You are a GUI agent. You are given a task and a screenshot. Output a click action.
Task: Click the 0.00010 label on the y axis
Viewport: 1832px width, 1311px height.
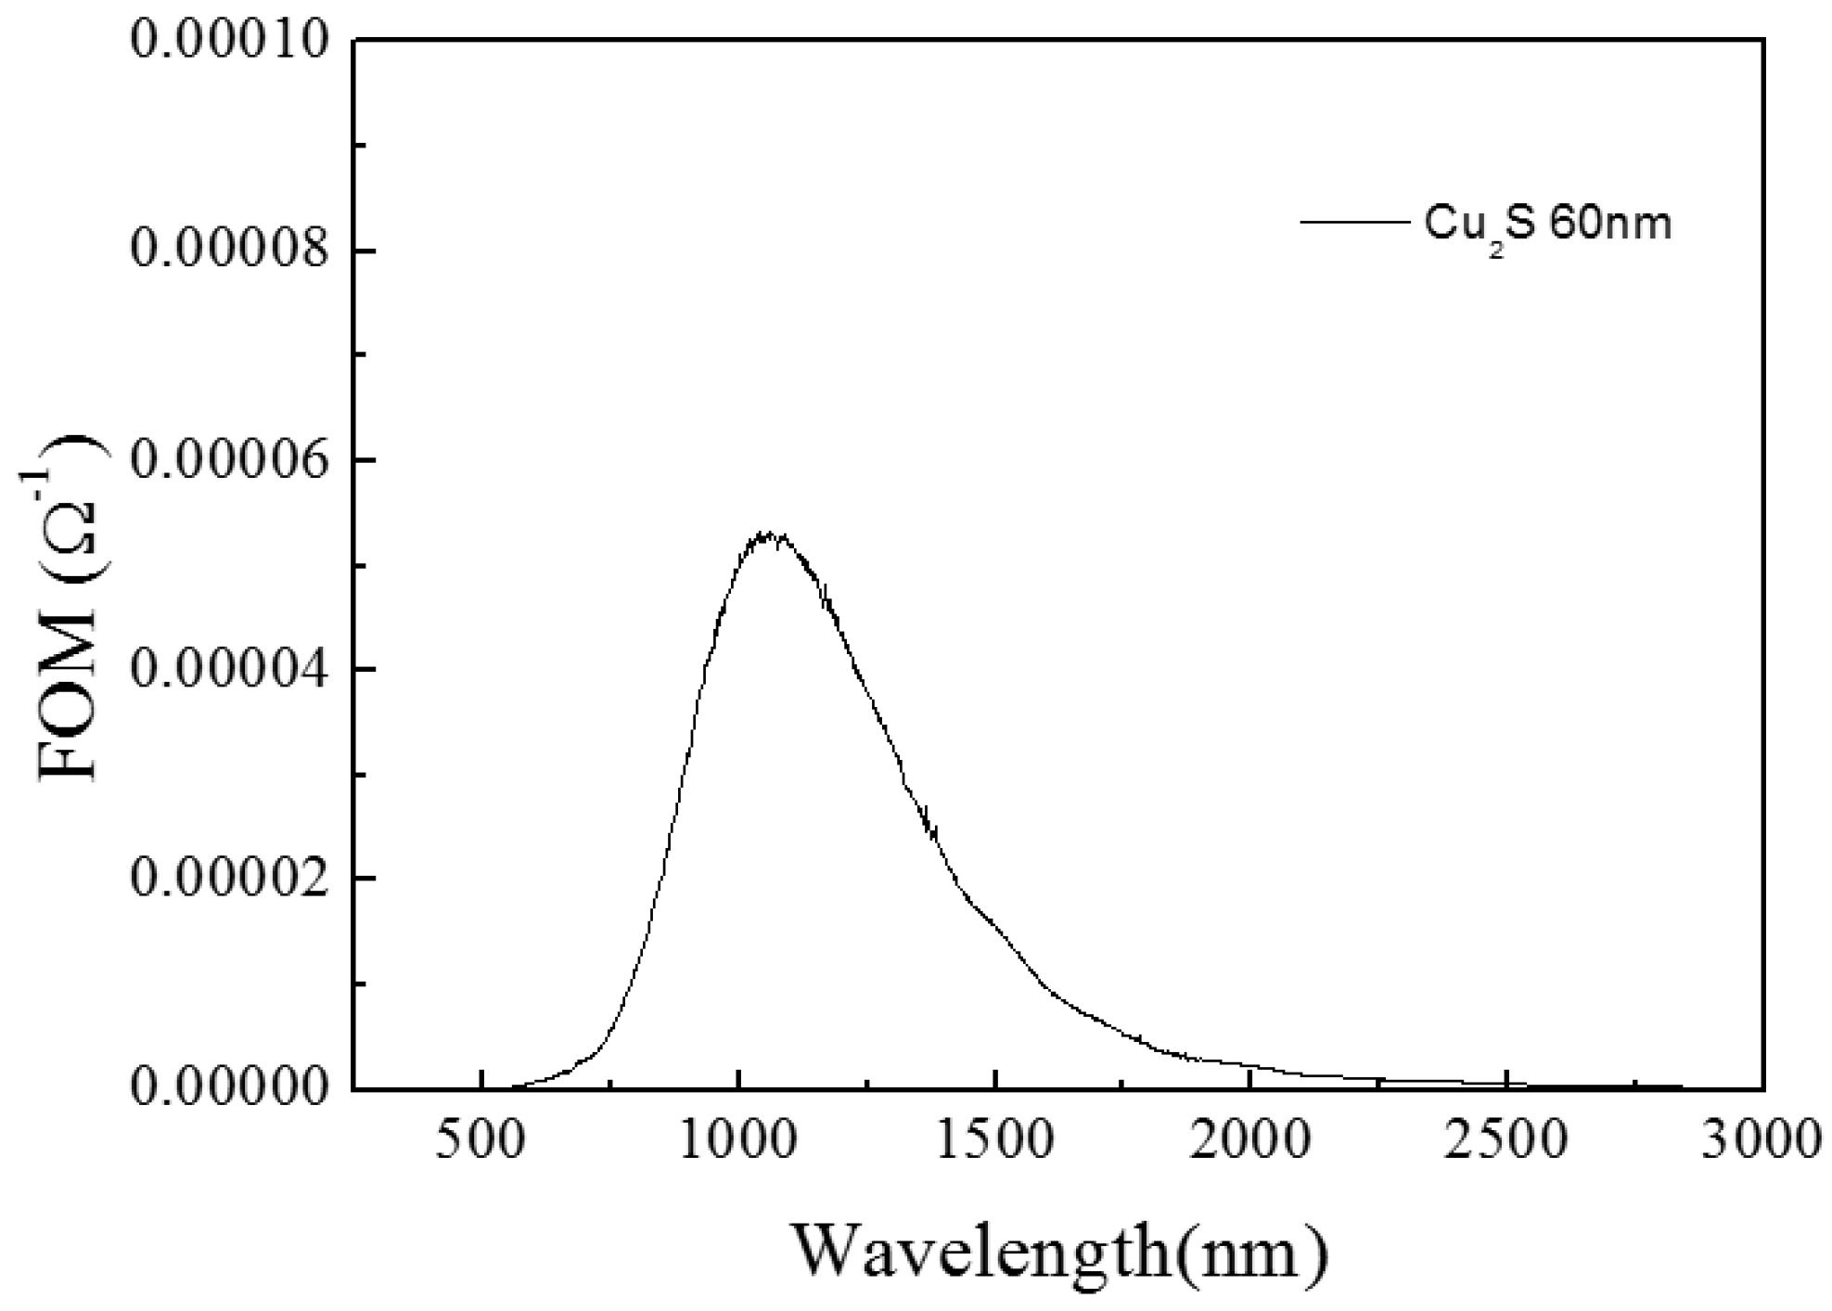[x=230, y=41]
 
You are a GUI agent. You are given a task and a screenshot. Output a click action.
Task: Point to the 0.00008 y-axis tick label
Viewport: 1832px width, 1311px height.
[x=230, y=251]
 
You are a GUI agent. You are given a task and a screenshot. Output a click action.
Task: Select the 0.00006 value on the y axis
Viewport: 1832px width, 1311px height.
[x=230, y=460]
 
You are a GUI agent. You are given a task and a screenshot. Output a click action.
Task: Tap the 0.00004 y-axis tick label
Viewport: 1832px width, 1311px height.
[x=230, y=669]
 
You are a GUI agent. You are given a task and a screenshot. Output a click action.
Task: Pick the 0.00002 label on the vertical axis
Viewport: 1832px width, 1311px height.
[x=230, y=878]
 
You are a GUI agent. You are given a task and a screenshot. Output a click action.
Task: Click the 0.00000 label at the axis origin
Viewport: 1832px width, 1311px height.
[x=230, y=1086]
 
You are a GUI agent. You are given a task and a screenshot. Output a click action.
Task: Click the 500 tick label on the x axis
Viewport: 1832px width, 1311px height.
[x=480, y=1139]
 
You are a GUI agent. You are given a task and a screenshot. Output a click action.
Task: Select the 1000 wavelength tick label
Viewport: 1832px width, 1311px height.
[x=737, y=1139]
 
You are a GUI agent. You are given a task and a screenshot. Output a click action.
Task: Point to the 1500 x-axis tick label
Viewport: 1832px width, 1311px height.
[x=994, y=1139]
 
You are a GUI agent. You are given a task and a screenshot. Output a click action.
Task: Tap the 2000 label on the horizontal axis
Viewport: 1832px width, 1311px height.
[x=1250, y=1139]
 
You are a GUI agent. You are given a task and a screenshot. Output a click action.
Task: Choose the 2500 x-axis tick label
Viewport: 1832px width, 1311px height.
[x=1507, y=1139]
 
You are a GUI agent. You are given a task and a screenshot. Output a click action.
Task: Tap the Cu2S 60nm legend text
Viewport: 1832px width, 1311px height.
[x=1546, y=225]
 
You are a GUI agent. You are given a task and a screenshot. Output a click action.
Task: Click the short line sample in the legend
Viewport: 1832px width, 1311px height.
[x=1353, y=222]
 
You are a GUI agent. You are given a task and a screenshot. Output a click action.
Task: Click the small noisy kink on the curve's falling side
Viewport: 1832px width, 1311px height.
[x=929, y=822]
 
